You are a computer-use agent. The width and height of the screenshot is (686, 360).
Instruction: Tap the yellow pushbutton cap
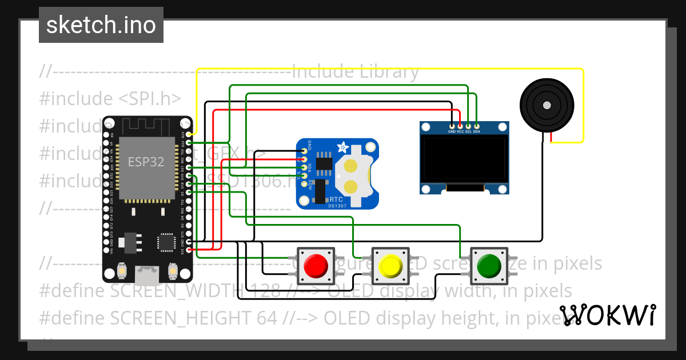[x=391, y=266]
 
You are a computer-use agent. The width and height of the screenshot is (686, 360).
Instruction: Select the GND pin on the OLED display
[x=452, y=126]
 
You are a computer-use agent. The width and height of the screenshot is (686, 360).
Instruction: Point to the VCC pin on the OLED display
[x=460, y=126]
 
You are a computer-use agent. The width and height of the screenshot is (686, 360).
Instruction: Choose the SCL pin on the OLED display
[x=468, y=126]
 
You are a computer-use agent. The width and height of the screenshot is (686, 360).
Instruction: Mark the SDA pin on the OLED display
[x=476, y=126]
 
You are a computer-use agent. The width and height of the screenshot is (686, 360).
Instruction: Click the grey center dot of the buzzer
[x=547, y=105]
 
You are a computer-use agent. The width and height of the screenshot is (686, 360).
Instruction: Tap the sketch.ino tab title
[x=101, y=25]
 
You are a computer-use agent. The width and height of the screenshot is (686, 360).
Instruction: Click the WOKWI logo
[x=608, y=315]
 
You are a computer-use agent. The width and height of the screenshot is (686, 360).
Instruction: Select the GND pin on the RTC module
[x=304, y=151]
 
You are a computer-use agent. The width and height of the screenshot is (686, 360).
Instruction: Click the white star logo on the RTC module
[x=343, y=147]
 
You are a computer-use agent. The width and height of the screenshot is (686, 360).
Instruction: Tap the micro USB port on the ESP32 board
[x=147, y=275]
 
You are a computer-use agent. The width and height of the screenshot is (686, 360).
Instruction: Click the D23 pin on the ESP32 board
[x=189, y=134]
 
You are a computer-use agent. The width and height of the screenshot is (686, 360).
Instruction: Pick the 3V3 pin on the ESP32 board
[x=189, y=250]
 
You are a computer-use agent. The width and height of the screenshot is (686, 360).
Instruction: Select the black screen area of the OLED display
[x=464, y=159]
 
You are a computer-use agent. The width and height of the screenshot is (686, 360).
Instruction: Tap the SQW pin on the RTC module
[x=304, y=183]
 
